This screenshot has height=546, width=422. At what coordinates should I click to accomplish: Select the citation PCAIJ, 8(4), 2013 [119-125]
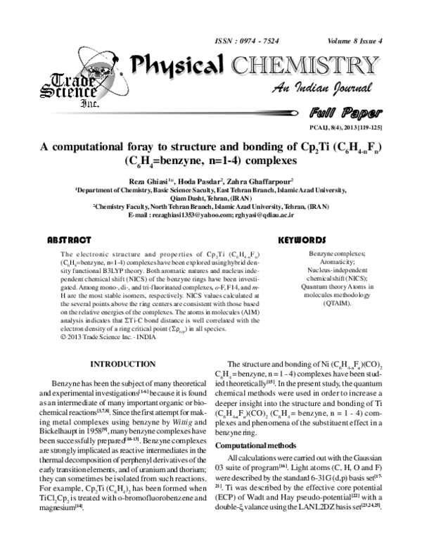pos(352,126)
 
